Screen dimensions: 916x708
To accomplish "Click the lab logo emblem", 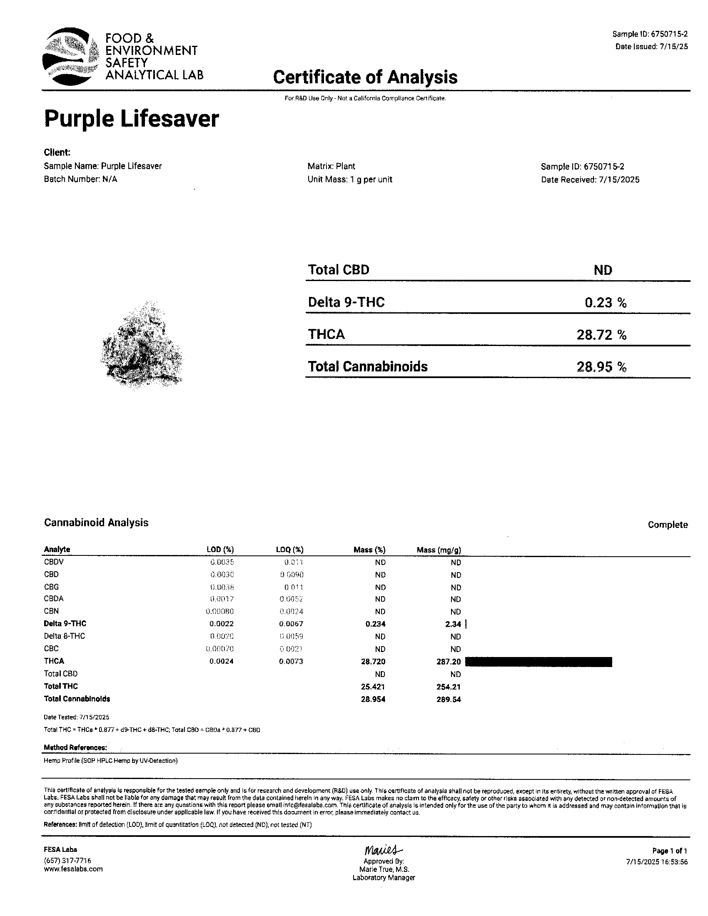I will click(70, 57).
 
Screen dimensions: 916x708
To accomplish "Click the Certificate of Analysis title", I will click(365, 77).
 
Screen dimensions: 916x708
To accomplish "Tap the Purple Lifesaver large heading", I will click(131, 119).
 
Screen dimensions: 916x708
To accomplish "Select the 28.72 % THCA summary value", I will click(601, 335).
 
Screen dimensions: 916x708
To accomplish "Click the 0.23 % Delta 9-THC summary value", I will click(605, 302).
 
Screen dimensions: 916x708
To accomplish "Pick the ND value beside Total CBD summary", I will click(603, 270).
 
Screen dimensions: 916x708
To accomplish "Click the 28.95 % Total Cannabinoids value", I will click(601, 367).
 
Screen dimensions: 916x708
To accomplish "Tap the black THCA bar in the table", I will click(538, 662).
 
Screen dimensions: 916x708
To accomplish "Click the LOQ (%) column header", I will click(289, 550).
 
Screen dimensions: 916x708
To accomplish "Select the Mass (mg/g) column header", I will click(439, 550).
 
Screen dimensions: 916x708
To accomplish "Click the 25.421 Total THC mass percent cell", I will click(373, 687).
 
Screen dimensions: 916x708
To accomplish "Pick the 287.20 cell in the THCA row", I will click(449, 662).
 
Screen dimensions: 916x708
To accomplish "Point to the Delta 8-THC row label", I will click(64, 636).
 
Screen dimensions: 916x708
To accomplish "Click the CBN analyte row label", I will click(51, 611).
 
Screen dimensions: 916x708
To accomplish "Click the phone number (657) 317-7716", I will click(67, 861).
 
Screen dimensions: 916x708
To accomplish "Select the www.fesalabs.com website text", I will click(73, 869).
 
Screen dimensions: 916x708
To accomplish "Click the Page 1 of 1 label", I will click(669, 851).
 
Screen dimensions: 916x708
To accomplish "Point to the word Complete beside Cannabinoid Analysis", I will click(667, 525).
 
